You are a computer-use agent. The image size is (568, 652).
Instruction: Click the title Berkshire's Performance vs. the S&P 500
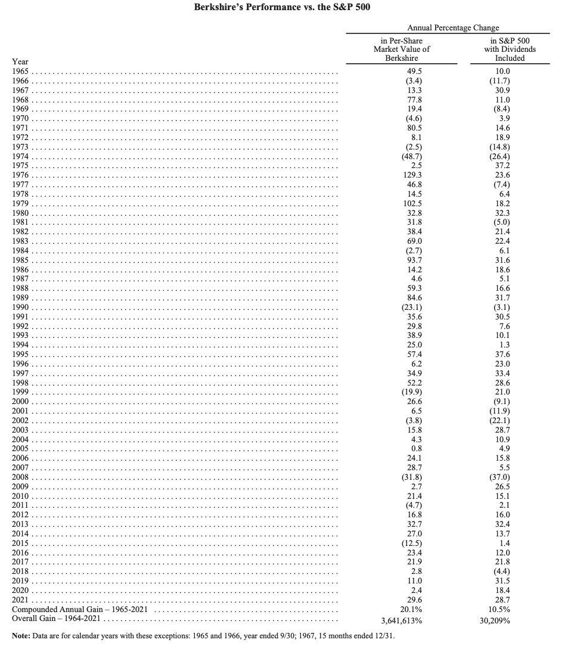[x=284, y=7]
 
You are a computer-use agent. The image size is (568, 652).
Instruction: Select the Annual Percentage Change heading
[x=453, y=27]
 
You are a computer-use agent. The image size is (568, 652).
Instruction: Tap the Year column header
[x=20, y=62]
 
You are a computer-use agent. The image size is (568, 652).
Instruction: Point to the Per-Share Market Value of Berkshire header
[x=401, y=49]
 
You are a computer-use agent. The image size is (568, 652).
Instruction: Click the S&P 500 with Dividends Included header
[x=510, y=49]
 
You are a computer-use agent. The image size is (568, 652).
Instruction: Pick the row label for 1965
[x=20, y=71]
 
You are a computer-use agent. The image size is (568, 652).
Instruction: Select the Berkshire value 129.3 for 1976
[x=401, y=175]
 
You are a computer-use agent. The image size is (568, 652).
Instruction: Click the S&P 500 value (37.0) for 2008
[x=502, y=477]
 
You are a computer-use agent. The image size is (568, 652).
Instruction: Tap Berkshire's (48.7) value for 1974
[x=401, y=156]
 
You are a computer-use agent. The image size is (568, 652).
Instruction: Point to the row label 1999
[x=20, y=392]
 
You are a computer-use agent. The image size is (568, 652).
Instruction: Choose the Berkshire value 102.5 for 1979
[x=401, y=203]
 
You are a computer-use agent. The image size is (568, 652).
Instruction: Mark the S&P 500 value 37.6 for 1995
[x=502, y=355]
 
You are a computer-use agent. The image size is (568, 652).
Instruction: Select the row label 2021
[x=20, y=600]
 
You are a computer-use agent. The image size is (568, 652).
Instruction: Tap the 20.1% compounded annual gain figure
[x=401, y=610]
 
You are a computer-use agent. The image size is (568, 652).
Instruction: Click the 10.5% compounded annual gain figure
[x=502, y=610]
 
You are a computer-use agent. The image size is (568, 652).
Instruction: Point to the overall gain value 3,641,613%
[x=401, y=620]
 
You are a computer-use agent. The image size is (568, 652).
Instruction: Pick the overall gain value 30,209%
[x=502, y=620]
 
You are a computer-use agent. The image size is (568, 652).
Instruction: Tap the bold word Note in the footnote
[x=22, y=637]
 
